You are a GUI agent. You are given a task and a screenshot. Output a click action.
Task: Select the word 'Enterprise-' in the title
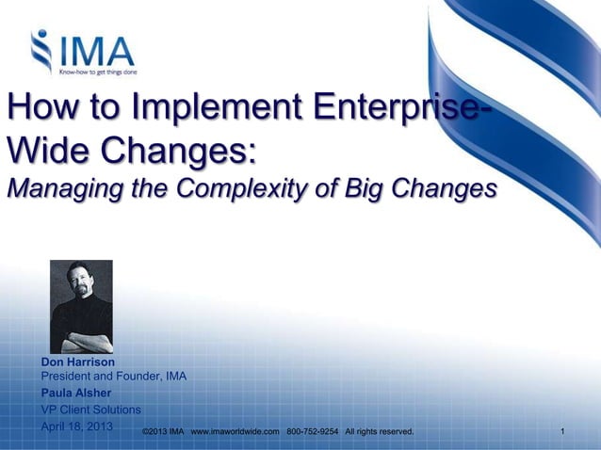[x=395, y=109]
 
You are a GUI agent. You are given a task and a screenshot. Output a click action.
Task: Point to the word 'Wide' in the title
[x=46, y=150]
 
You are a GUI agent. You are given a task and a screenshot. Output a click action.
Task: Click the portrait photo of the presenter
[x=81, y=306]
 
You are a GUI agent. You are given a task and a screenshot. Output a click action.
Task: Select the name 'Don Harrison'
[x=77, y=362]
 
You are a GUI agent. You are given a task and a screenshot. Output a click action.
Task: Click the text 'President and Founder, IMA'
[x=113, y=377]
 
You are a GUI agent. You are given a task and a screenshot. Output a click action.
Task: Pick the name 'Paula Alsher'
[x=75, y=393]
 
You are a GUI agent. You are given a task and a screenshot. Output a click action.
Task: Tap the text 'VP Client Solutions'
[x=91, y=410]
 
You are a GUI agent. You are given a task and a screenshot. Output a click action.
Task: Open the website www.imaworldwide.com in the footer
[x=236, y=431]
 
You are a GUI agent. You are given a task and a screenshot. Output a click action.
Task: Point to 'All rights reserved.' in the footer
[x=379, y=431]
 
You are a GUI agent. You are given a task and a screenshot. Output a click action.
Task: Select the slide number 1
[x=561, y=431]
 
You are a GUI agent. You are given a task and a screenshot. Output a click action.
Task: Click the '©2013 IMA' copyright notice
[x=161, y=431]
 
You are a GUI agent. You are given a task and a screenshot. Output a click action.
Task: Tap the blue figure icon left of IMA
[x=42, y=52]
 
